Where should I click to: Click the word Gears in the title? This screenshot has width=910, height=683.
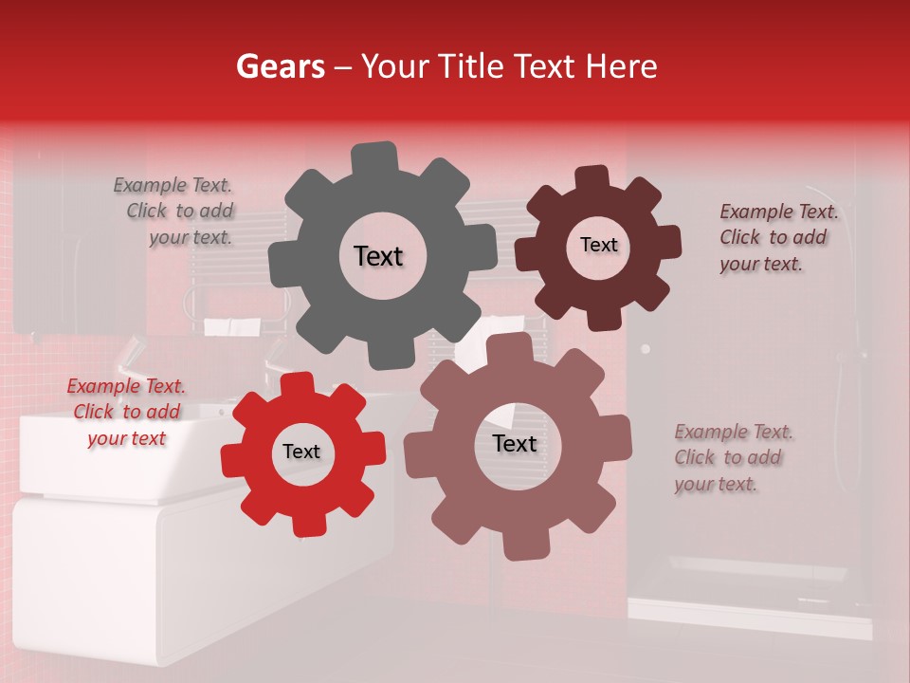[x=280, y=66]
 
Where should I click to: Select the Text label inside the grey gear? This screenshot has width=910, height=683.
[x=378, y=256]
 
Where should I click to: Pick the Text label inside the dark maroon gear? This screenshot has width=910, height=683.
[x=598, y=245]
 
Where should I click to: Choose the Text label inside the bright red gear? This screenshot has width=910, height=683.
[x=301, y=452]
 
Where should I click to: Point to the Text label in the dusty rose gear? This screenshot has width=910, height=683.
[x=515, y=443]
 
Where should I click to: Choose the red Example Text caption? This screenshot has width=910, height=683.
[x=126, y=413]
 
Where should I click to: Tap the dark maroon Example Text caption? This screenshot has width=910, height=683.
[x=777, y=238]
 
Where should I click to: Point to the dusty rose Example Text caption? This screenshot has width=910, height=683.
[x=733, y=458]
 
